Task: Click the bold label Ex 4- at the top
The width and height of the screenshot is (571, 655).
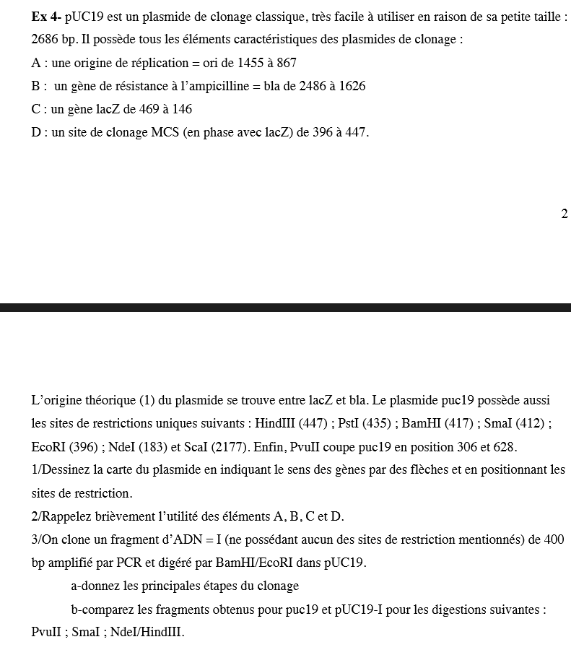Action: click(46, 16)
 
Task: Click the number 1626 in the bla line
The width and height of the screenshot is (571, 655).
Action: click(351, 86)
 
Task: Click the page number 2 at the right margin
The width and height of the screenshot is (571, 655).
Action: click(564, 214)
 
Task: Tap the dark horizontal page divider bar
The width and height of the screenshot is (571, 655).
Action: click(285, 308)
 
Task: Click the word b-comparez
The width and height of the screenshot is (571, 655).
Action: click(100, 609)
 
